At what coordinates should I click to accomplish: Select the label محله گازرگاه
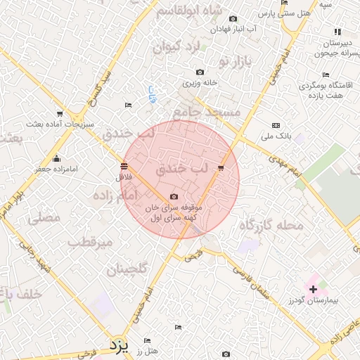271,225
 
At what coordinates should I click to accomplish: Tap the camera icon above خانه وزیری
200,72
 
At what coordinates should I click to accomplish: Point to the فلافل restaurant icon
124,166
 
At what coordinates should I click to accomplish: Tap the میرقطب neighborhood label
91,243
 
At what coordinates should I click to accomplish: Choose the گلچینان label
127,269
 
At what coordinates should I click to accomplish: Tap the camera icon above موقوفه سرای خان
174,198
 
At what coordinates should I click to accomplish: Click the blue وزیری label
151,94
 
